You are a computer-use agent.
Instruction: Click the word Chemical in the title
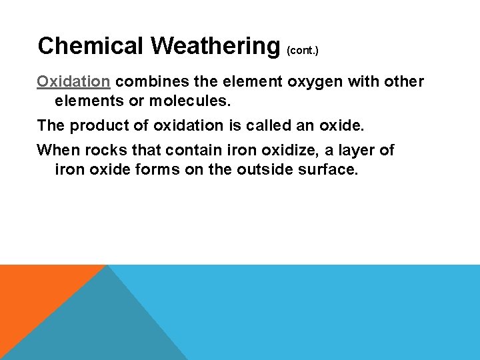[x=91, y=46]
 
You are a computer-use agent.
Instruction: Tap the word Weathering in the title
[x=215, y=46]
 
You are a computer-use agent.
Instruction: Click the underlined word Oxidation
[x=73, y=81]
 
